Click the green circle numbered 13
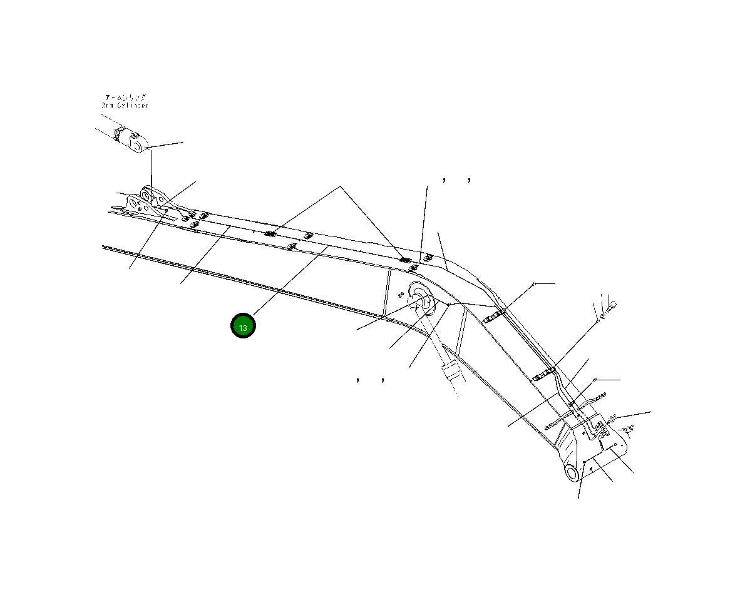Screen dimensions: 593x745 243,326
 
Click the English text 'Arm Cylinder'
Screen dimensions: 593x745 125,106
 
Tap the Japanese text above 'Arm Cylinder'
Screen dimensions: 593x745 125,98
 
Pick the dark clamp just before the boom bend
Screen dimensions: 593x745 406,260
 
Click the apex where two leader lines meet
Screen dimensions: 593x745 341,186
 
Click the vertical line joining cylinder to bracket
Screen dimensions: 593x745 151,169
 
